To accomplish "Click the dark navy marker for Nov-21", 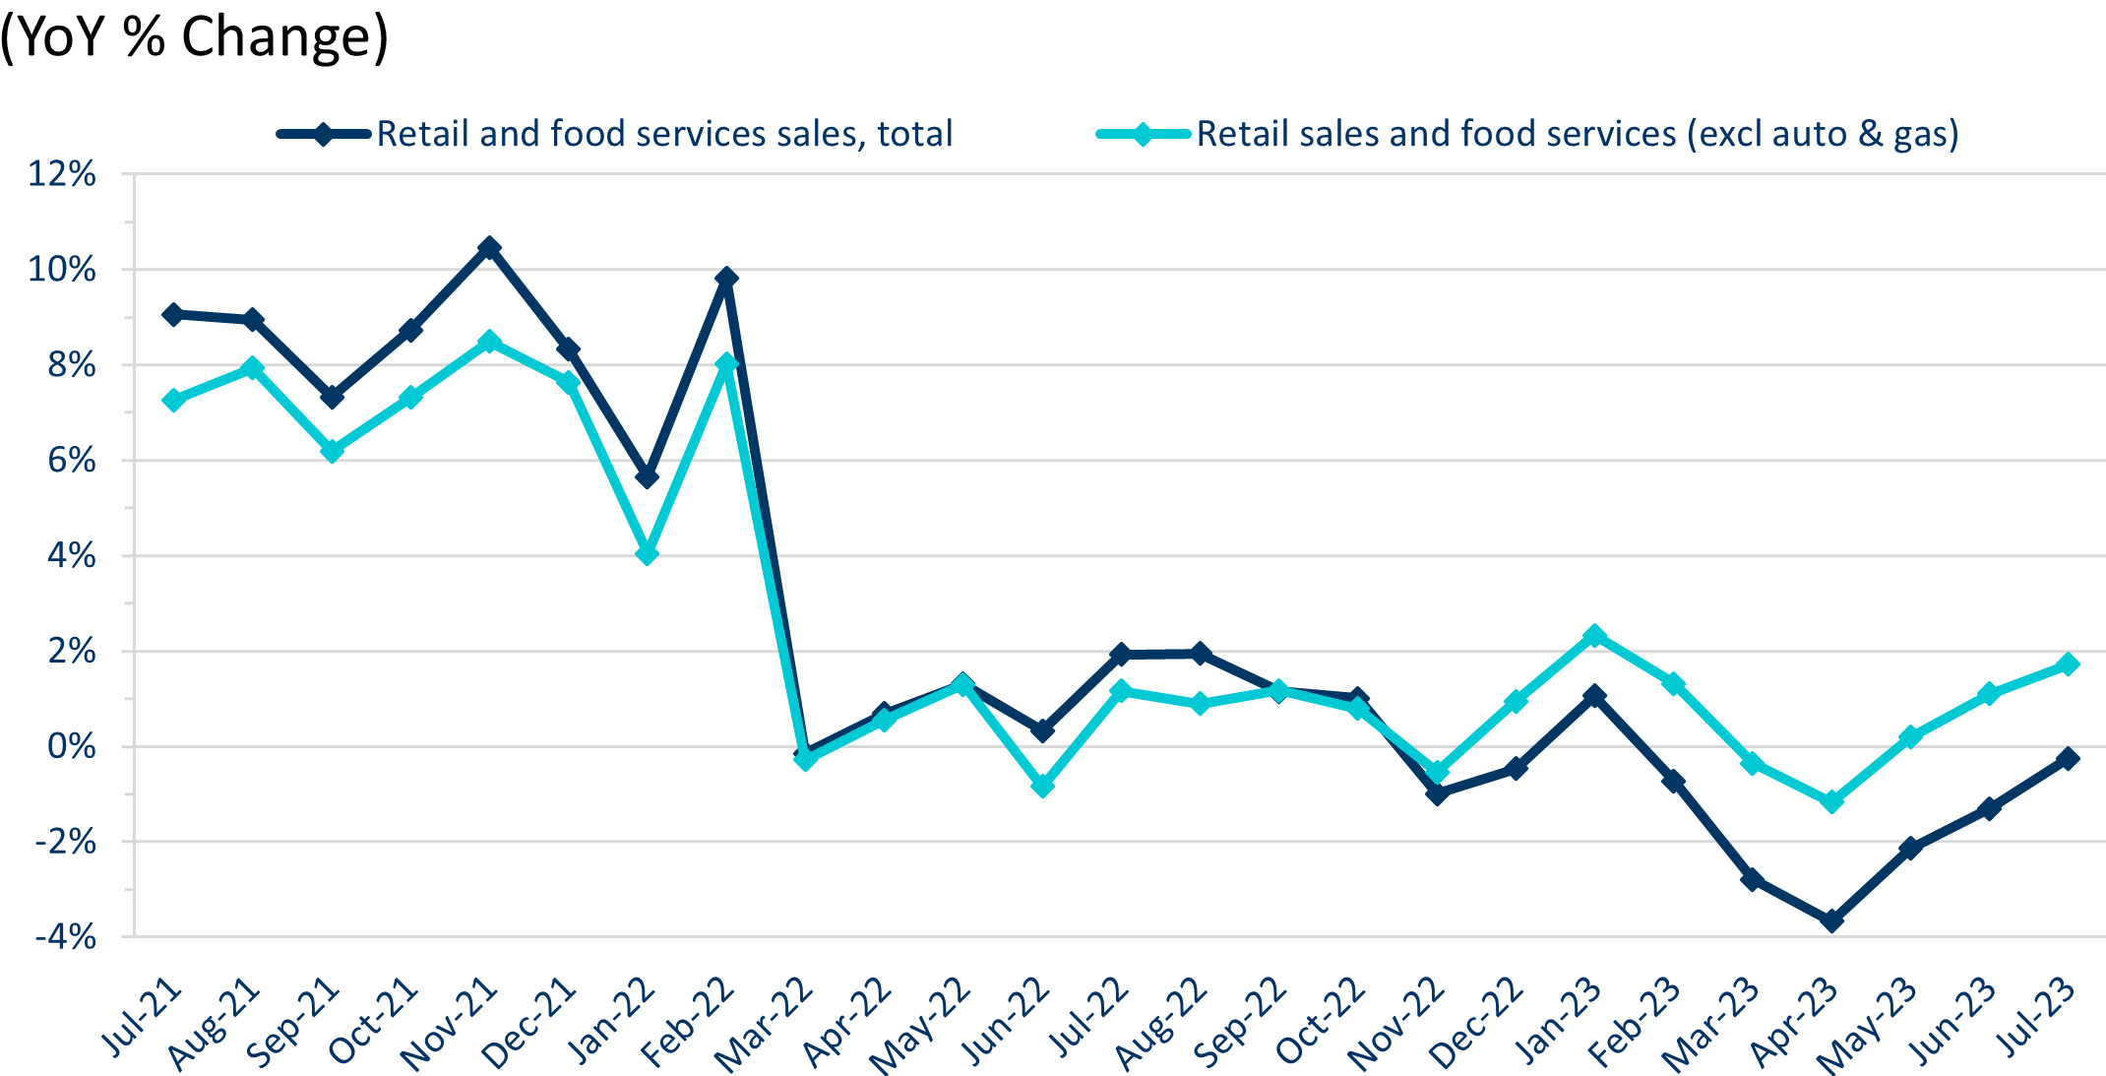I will [489, 247].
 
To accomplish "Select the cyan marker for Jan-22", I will [647, 554].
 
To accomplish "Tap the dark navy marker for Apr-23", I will [1831, 921].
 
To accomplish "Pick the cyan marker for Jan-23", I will [1594, 636].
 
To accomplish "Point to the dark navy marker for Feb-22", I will [726, 279].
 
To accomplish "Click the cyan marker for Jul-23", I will [2068, 665].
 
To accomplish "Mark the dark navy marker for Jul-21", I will [173, 315].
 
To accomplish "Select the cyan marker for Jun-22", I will [1042, 786].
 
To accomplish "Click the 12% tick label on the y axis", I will [62, 174].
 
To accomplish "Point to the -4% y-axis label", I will [65, 936].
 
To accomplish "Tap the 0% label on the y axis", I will [72, 746].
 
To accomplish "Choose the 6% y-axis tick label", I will [72, 460].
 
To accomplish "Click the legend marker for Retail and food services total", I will [324, 135].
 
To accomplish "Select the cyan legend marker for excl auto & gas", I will [1143, 135].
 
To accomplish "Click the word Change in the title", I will [284, 37].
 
